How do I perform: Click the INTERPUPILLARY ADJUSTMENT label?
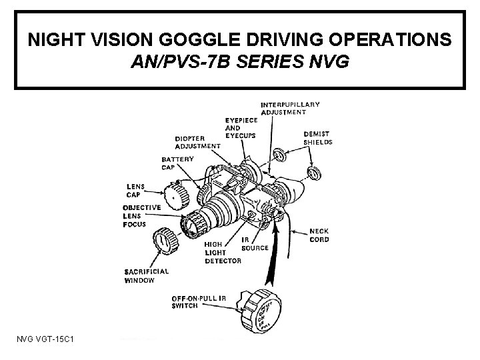pyautogui.click(x=290, y=108)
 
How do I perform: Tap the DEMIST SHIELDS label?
pyautogui.click(x=318, y=137)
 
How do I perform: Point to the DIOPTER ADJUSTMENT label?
pyautogui.click(x=197, y=142)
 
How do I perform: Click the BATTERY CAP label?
pyautogui.click(x=177, y=163)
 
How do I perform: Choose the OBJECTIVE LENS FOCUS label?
pyautogui.click(x=141, y=215)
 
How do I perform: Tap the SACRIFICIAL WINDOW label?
pyautogui.click(x=147, y=275)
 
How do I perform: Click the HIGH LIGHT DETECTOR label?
pyautogui.click(x=223, y=253)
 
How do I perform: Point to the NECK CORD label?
pyautogui.click(x=319, y=235)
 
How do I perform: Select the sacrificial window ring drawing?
pyautogui.click(x=163, y=240)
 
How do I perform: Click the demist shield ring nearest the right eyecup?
pyautogui.click(x=312, y=174)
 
